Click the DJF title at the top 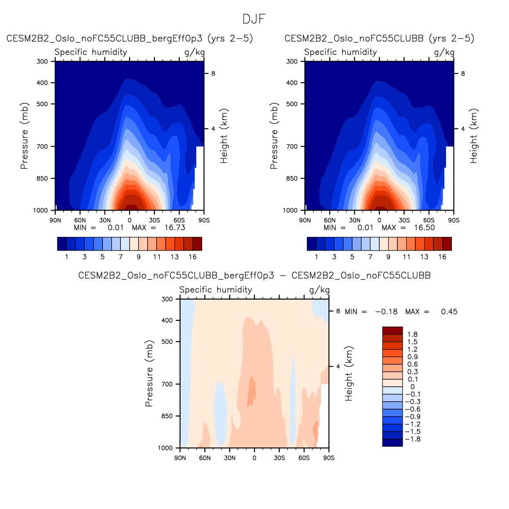(x=254, y=19)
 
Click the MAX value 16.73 (x=175, y=228)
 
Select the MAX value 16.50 (x=425, y=228)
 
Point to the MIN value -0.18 (x=386, y=312)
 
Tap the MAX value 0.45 (x=449, y=312)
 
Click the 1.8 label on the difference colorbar (x=412, y=334)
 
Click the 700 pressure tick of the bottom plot (x=167, y=384)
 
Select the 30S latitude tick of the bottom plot (x=279, y=458)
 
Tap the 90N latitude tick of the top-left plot (x=55, y=220)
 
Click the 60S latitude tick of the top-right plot (x=429, y=220)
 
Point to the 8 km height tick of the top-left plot (x=213, y=73)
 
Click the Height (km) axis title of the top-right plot (x=473, y=136)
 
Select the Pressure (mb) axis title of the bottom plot (x=149, y=373)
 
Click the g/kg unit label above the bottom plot (x=319, y=290)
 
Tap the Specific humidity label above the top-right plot (x=341, y=52)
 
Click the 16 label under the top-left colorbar (x=193, y=257)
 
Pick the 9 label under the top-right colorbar (x=388, y=257)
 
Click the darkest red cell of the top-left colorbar (x=197, y=244)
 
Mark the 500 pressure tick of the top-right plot (x=292, y=104)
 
